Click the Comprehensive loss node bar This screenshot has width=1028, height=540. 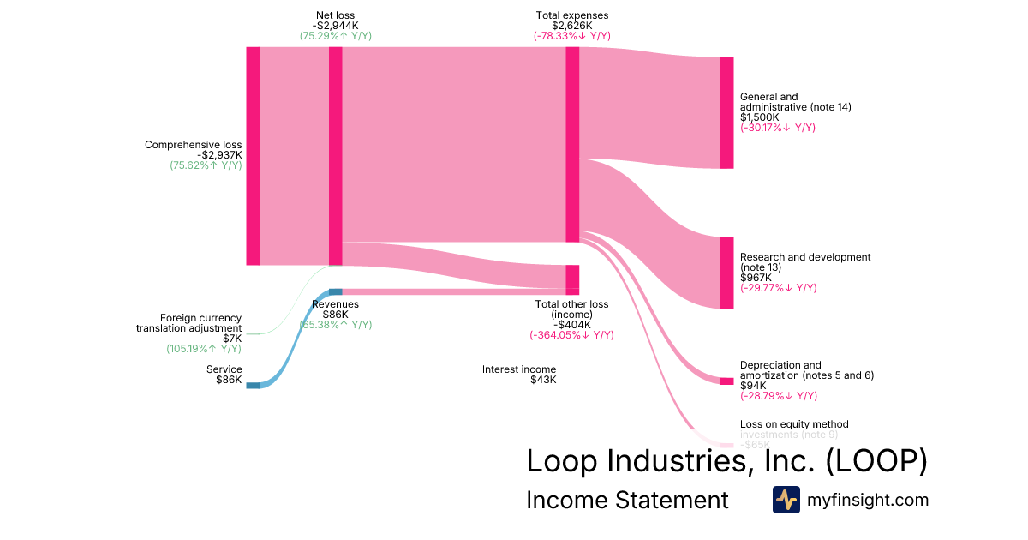(x=253, y=156)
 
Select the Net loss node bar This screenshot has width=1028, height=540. (x=336, y=156)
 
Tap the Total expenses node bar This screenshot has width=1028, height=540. (x=572, y=144)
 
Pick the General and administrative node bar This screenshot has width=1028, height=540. (x=727, y=113)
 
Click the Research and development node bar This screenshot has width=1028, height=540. (x=727, y=273)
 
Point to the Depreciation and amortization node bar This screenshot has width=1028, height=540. (x=727, y=381)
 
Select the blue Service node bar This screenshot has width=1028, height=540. (x=253, y=386)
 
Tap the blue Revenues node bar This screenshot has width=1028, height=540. (x=336, y=292)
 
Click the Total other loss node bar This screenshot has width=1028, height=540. (x=572, y=279)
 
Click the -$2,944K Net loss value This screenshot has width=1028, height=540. (x=336, y=26)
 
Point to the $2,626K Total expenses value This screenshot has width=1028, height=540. (x=572, y=26)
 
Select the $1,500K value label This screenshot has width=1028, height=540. (x=760, y=117)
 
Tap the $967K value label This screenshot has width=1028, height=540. (x=755, y=278)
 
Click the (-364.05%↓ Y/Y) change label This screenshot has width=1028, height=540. (x=571, y=335)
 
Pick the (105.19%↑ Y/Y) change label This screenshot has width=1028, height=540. (x=204, y=349)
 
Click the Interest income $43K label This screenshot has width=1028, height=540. (x=519, y=375)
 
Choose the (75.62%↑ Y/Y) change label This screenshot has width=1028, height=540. (x=206, y=165)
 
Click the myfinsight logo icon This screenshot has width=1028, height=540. (x=786, y=500)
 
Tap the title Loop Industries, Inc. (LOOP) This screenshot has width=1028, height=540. (x=726, y=461)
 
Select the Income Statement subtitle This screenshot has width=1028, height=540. (x=627, y=500)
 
